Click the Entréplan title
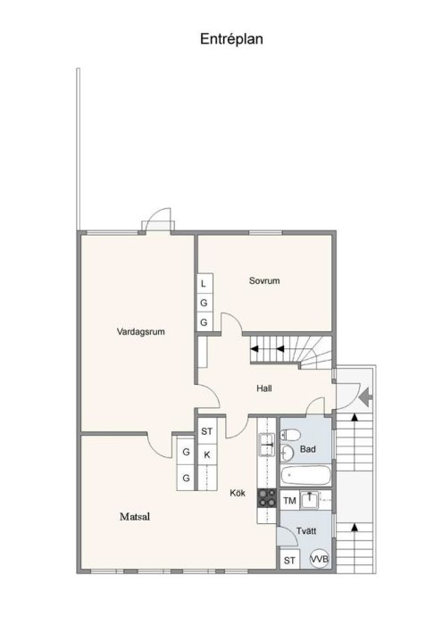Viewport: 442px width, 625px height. coord(231,39)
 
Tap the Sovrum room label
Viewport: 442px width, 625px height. coord(264,280)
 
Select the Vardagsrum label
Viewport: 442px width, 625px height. coord(141,331)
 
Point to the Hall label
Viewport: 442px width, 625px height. coord(264,388)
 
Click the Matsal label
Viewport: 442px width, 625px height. coord(135,517)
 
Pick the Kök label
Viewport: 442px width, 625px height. coord(238,493)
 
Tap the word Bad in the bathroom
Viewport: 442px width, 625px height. coord(308,449)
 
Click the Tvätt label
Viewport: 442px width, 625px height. coord(306,531)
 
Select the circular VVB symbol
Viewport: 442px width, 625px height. coord(320,559)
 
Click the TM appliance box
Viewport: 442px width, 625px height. coord(289,500)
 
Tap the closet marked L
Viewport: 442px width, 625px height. coord(204,284)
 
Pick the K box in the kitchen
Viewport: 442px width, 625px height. coord(207,454)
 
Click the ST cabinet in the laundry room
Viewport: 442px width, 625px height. coord(289,560)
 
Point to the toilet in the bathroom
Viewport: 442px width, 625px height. coord(290,435)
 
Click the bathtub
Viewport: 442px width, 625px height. coord(305,475)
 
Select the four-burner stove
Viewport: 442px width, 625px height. coord(267,498)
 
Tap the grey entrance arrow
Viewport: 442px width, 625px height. coord(365,396)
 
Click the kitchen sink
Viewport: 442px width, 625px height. coord(267,445)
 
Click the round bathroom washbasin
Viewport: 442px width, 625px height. coord(287,452)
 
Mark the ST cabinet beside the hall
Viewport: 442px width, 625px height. coord(207,431)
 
